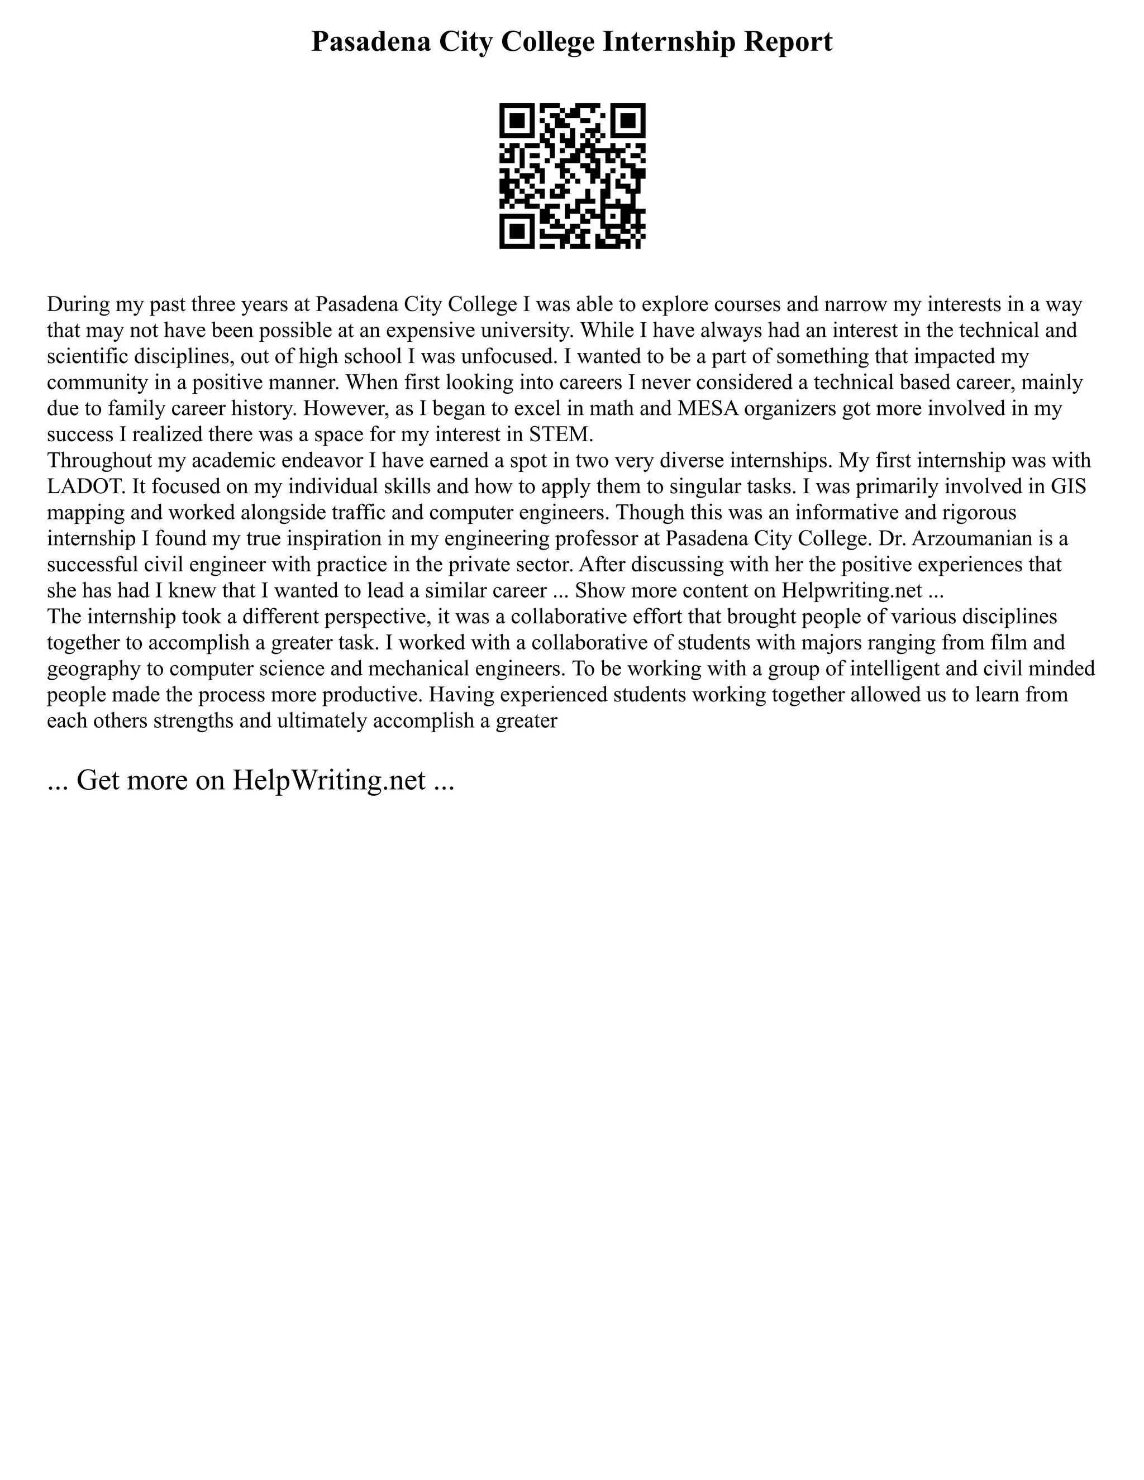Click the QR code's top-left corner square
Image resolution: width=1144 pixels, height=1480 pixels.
pyautogui.click(x=517, y=121)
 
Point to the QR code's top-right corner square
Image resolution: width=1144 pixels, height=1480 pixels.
pyautogui.click(x=627, y=121)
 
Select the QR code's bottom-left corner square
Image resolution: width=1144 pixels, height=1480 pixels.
pyautogui.click(x=517, y=231)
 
